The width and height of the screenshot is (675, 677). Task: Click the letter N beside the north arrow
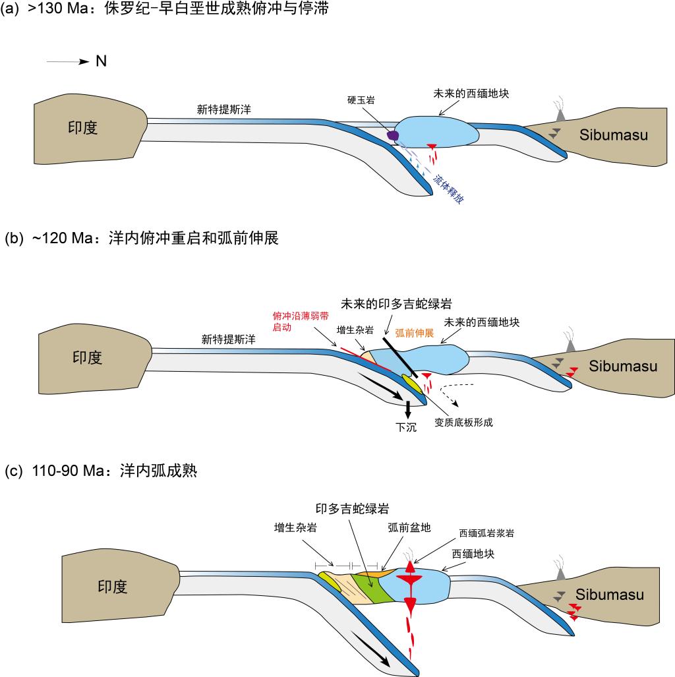101,61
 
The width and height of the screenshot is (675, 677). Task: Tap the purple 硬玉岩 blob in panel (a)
394,136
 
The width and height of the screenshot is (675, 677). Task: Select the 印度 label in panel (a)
83,127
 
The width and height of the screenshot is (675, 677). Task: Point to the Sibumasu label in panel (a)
614,135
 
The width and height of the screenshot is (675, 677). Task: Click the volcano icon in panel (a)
561,113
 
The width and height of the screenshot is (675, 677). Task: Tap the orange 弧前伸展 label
414,334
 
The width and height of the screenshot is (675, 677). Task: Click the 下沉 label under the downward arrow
407,427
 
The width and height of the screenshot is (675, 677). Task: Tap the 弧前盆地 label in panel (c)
402,528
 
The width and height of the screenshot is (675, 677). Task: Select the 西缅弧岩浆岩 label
486,533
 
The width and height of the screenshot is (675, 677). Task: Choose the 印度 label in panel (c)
111,587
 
